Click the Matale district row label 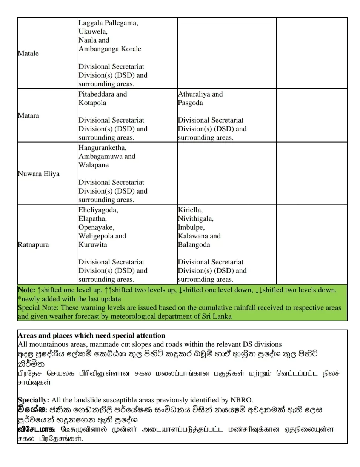point(28,54)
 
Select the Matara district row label point(28,116)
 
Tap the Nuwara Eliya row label point(38,174)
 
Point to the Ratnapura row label point(33,245)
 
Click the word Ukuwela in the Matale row point(93,32)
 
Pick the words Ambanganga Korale point(110,49)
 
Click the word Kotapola point(92,103)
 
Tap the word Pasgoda point(190,103)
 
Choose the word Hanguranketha point(102,148)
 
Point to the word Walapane point(94,165)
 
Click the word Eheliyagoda point(98,210)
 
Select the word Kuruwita point(93,245)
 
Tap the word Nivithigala point(195,219)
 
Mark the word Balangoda point(194,245)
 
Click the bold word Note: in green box point(26,290)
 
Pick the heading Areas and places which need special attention point(91,336)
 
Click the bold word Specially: point(33,400)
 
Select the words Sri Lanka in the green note point(217,316)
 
